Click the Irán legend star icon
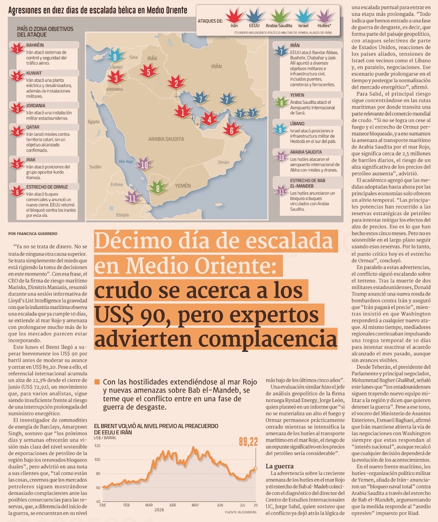coord(234,16)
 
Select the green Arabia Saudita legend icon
coord(279,16)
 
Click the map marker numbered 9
coord(115,56)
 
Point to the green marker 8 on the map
coord(158,187)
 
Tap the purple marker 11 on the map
coord(132,198)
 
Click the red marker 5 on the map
coord(148,71)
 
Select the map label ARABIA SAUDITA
coord(166,139)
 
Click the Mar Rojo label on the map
coord(126,162)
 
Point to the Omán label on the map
coord(223,162)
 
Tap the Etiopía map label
coord(123,215)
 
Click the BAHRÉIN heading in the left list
coord(35,45)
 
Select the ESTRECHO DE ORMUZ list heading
coord(47,187)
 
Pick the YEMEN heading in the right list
coord(297,95)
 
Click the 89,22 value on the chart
coord(248,442)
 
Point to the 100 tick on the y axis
coord(97,460)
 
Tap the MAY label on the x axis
coord(195,505)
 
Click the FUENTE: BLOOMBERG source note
coord(241,512)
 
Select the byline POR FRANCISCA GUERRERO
coord(33,234)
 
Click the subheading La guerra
coord(279,466)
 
